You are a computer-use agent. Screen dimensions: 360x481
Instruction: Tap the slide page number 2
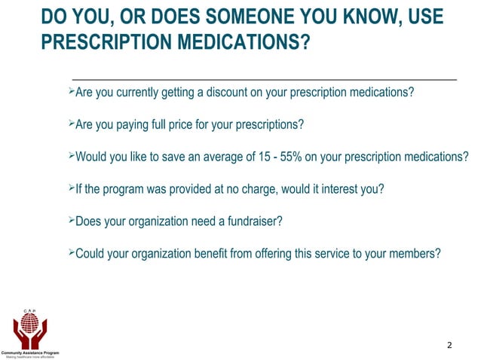449,346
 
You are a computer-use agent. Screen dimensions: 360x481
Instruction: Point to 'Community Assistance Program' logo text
30,352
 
